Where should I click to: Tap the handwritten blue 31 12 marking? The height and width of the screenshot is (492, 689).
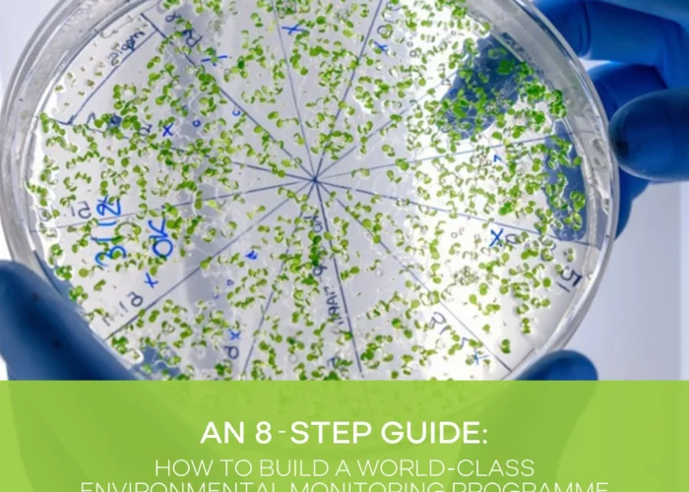(111, 224)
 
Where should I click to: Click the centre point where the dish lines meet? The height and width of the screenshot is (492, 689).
(316, 179)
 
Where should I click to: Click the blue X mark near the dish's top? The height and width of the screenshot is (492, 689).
(292, 31)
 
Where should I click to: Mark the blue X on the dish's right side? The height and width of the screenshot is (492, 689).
(497, 236)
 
